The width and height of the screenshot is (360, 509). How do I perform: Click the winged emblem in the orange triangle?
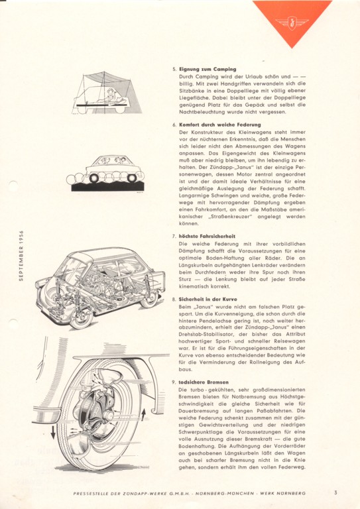pos(292,22)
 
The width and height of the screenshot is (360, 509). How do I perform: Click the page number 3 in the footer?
pos(335,492)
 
